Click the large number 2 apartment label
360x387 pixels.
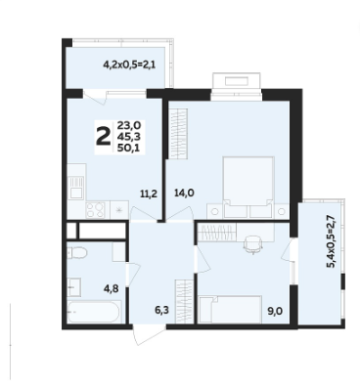tap(104, 137)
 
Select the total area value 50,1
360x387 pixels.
tap(130, 148)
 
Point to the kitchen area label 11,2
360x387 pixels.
tap(149, 194)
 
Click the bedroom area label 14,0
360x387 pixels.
tap(185, 193)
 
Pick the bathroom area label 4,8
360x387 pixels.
tap(111, 288)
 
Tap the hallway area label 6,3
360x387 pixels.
tap(161, 310)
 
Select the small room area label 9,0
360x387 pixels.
tap(275, 311)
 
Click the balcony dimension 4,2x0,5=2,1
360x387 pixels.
tap(129, 64)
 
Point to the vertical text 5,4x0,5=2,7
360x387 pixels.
tap(331, 243)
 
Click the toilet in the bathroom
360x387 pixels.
tap(76, 253)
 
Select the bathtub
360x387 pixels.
tap(94, 312)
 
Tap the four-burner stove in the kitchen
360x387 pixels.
tap(95, 210)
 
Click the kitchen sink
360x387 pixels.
tap(76, 188)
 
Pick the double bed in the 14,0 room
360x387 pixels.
tap(248, 187)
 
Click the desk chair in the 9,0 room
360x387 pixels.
tap(252, 243)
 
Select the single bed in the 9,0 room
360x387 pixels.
tap(231, 310)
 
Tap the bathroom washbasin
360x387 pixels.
tap(74, 287)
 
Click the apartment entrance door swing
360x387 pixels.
tap(150, 334)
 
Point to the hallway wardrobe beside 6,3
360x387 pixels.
tap(184, 302)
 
